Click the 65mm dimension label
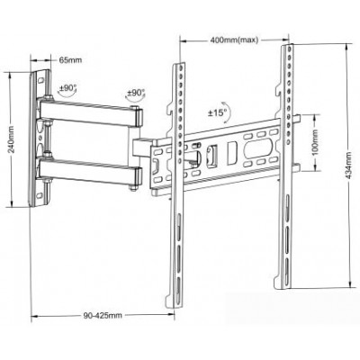[x=70, y=60]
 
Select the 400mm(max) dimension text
[x=233, y=40]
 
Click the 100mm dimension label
[x=315, y=143]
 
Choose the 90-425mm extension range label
[x=103, y=316]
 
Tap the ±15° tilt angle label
[x=217, y=113]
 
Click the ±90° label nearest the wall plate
[x=67, y=88]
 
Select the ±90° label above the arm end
[x=136, y=93]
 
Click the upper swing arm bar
[x=90, y=112]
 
